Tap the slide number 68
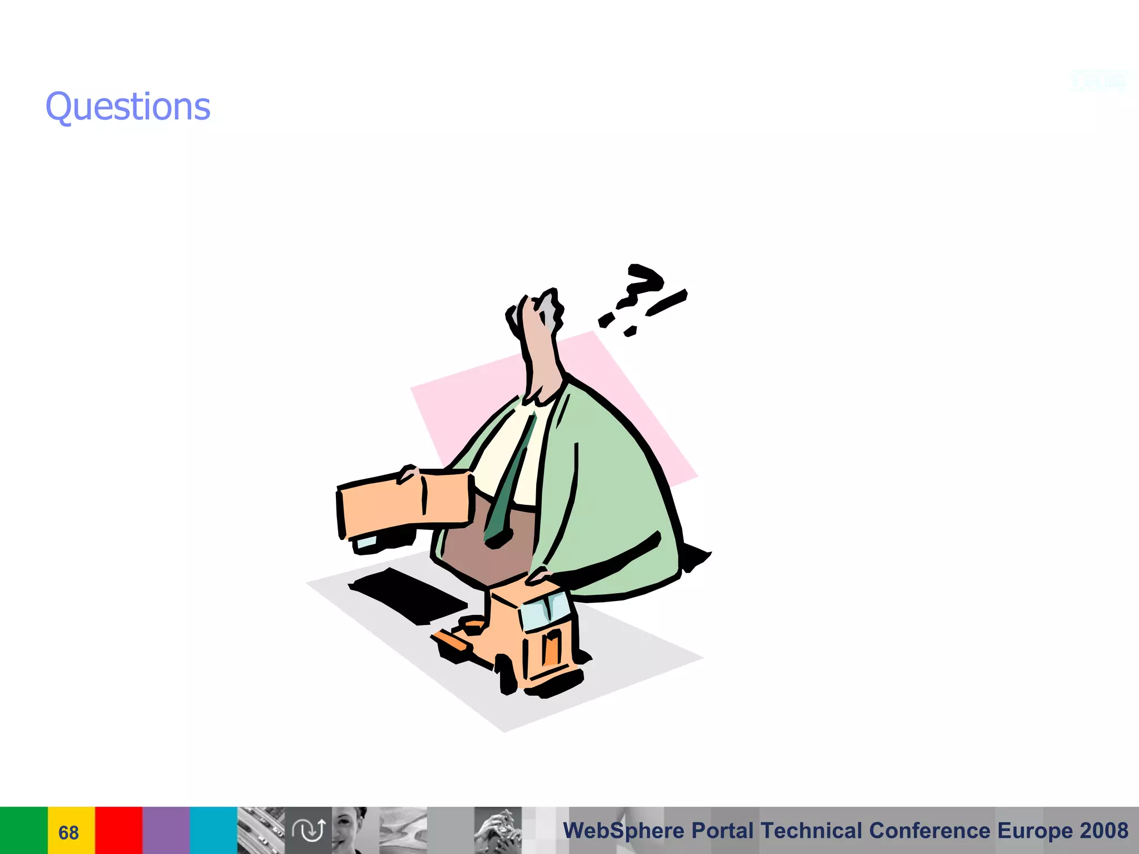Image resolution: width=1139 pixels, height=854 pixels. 68,832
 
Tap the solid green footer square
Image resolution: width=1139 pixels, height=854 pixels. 23,830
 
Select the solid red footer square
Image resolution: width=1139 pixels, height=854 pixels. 118,830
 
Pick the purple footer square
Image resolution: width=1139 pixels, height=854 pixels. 166,830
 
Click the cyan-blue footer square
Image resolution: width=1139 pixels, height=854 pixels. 214,830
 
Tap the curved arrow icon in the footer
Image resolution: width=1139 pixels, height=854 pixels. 309,830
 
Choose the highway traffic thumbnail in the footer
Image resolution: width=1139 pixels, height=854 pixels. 261,830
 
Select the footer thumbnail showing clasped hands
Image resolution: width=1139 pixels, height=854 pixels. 498,830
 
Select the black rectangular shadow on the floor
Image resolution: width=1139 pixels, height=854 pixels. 409,595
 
